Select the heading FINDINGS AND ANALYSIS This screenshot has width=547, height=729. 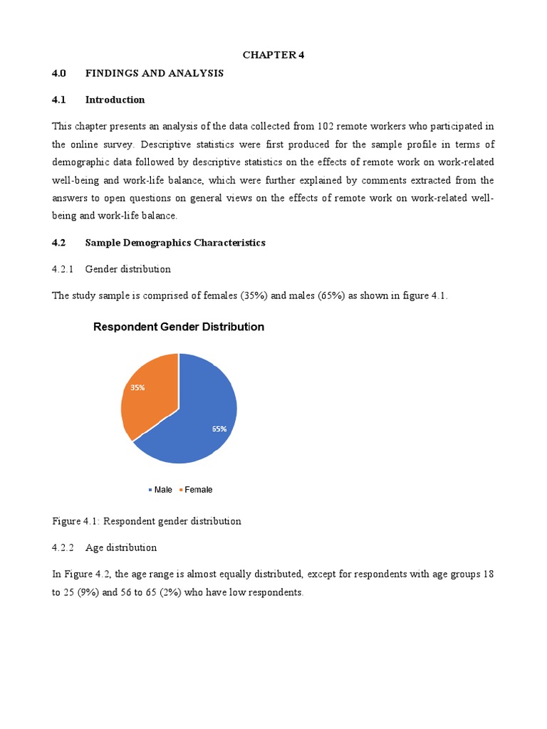154,73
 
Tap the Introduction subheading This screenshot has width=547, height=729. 115,100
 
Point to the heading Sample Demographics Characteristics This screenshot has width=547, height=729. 174,243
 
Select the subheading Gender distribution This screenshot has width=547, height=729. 127,269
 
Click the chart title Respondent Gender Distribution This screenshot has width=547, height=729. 179,327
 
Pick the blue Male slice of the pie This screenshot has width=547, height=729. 196,420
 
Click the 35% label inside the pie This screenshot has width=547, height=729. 137,388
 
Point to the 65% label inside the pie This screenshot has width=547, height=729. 219,429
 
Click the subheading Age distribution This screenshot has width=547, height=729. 120,547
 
